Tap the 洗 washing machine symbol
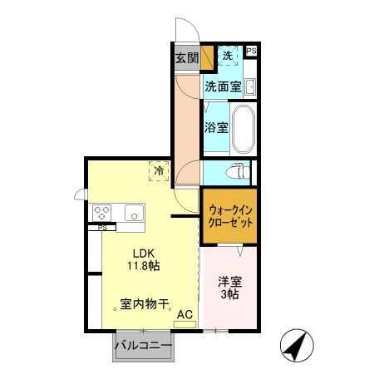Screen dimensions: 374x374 (229, 56)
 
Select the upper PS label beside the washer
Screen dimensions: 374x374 (251, 52)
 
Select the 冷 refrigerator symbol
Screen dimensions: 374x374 (158, 170)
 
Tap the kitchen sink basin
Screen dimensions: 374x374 (134, 213)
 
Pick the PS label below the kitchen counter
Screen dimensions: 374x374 (102, 228)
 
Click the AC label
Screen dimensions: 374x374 (186, 315)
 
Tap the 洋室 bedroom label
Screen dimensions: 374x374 (227, 283)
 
